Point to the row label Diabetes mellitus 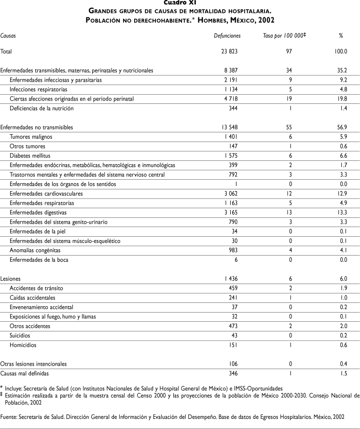pyautogui.click(x=30, y=156)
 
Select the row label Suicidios pyautogui.click(x=20, y=335)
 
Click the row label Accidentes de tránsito pyautogui.click(x=36, y=288)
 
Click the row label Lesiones pyautogui.click(x=10, y=279)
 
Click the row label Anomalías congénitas pyautogui.click(x=34, y=250)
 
